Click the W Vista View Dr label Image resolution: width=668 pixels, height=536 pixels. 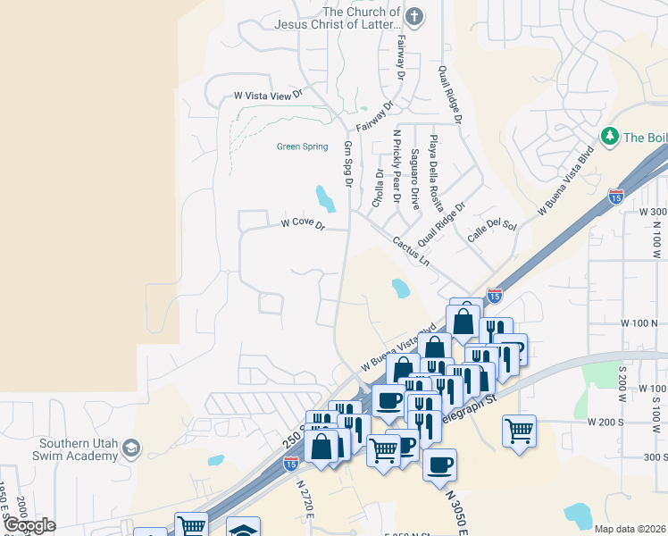coord(269,95)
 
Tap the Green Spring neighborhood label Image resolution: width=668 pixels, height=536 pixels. coord(303,147)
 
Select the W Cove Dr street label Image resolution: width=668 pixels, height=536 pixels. coord(302,224)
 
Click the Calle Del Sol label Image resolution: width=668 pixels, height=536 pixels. coord(492,230)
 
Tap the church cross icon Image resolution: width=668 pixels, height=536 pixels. coord(413,16)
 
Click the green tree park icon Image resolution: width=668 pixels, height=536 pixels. coord(611,136)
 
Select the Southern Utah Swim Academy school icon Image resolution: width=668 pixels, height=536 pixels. coord(131,448)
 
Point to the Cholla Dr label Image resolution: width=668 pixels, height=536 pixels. coord(379,188)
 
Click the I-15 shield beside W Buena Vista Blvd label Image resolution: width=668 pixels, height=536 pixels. coord(615,196)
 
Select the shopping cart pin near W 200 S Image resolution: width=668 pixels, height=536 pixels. coord(519,431)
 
